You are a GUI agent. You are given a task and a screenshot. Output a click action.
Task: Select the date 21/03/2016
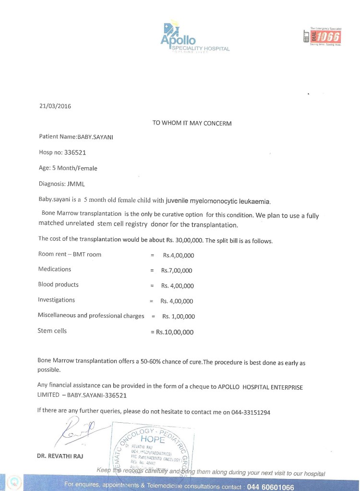point(55,106)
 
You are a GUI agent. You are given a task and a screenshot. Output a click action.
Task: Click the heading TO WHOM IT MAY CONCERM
point(192,123)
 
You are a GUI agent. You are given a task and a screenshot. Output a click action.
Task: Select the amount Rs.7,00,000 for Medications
point(177,270)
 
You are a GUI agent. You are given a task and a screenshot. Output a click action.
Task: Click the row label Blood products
point(58,284)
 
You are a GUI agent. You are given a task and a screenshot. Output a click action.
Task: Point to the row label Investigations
point(56,300)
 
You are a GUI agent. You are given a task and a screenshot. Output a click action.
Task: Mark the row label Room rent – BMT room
point(70,254)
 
